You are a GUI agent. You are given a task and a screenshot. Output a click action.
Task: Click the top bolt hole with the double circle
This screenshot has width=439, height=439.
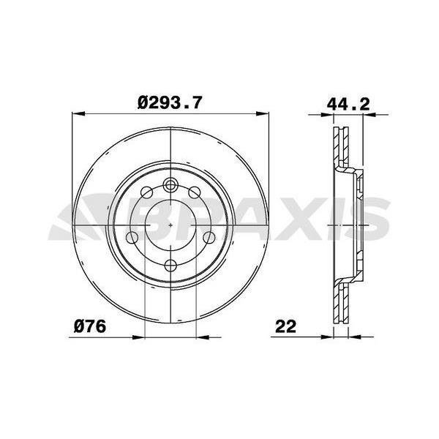click(x=170, y=184)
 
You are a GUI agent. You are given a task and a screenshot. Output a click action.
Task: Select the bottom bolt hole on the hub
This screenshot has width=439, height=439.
click(x=170, y=264)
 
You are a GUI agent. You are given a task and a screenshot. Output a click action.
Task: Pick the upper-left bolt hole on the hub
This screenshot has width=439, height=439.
click(x=145, y=192)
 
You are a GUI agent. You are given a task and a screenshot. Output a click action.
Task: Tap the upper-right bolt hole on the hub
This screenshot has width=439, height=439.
click(x=195, y=192)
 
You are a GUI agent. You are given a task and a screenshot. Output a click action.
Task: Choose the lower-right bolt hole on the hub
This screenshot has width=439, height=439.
click(x=208, y=238)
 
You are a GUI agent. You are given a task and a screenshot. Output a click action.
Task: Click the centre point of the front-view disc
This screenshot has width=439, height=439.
click(x=170, y=224)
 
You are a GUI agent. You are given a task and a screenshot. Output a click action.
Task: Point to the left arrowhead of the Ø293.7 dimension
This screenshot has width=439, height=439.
click(x=77, y=113)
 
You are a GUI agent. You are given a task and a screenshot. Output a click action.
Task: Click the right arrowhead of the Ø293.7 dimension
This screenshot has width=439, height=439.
click(x=263, y=113)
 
